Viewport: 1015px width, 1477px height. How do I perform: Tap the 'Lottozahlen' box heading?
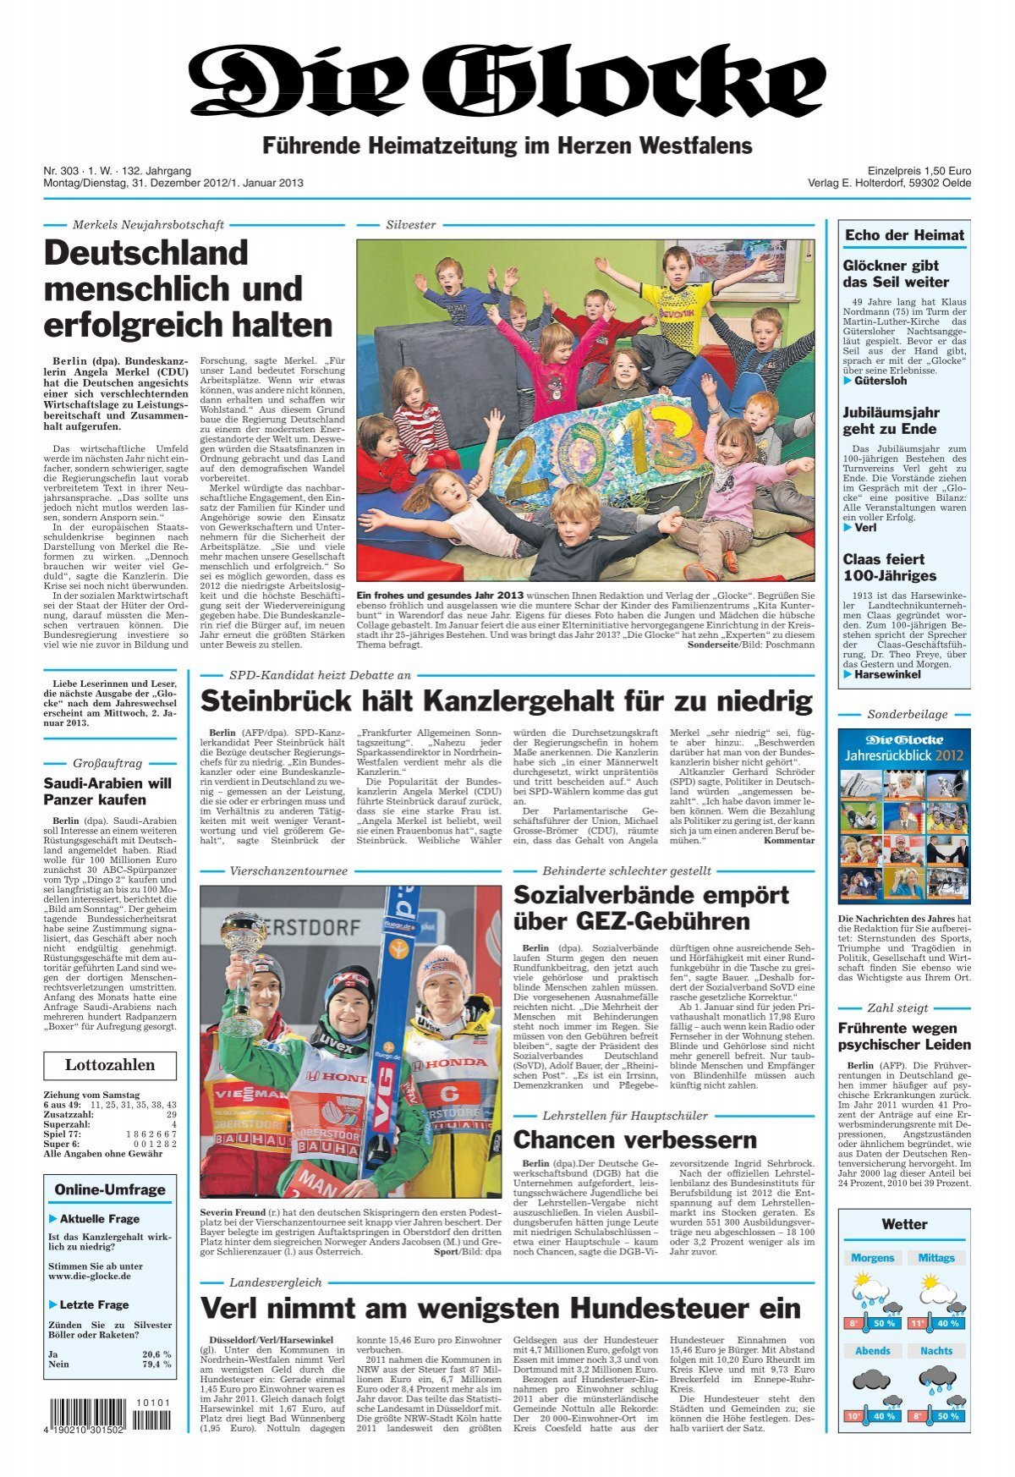pos(110,1065)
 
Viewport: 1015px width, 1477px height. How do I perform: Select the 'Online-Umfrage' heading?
pos(110,1189)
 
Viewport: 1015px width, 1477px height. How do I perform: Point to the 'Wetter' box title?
pos(903,1224)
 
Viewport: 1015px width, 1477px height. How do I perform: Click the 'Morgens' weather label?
pos(872,1258)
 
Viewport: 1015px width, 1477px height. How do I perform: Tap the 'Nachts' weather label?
pos(935,1351)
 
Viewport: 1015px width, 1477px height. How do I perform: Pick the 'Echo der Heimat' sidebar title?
pos(904,235)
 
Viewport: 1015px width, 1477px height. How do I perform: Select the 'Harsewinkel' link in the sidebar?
pos(886,674)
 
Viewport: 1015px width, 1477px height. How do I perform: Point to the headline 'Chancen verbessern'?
pos(634,1139)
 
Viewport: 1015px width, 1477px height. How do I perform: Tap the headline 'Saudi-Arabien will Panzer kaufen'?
pos(107,791)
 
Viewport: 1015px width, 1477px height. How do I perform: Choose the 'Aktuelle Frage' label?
pos(99,1219)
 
